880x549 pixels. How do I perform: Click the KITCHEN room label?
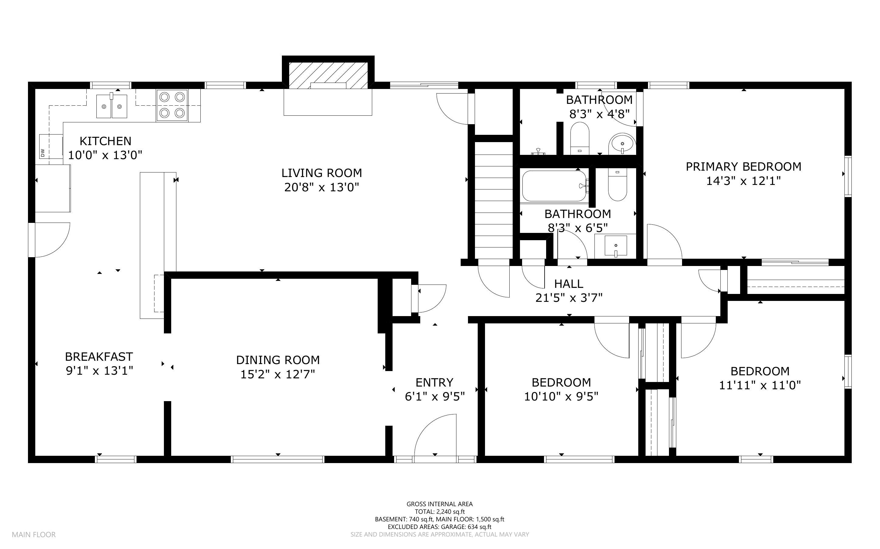[x=105, y=141]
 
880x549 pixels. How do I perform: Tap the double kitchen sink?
[x=112, y=106]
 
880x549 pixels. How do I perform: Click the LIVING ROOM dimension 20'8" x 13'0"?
[x=321, y=187]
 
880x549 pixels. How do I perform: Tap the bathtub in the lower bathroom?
[x=554, y=186]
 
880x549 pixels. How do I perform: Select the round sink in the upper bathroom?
[x=622, y=143]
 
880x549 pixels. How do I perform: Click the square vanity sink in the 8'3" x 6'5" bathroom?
[x=616, y=246]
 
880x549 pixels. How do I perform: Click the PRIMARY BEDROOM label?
[x=743, y=167]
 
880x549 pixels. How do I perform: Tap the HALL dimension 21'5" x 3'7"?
[x=569, y=298]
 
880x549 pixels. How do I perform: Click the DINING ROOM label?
[x=278, y=360]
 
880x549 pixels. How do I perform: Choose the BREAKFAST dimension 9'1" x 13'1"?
[x=99, y=371]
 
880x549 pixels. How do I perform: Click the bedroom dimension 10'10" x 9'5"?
[x=561, y=397]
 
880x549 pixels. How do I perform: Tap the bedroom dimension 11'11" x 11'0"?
[x=760, y=385]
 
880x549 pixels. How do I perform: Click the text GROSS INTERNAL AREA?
[x=439, y=504]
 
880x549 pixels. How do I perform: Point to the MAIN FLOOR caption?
[x=34, y=534]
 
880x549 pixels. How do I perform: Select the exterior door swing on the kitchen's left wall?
[x=51, y=240]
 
